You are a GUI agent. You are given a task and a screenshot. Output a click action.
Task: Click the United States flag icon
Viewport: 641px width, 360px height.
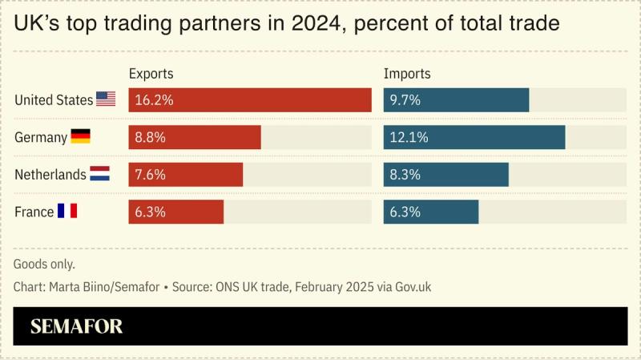pyautogui.click(x=106, y=99)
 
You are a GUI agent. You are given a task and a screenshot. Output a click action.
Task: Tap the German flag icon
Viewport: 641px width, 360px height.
pyautogui.click(x=80, y=137)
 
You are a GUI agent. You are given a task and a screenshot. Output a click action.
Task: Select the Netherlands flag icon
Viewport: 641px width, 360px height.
pyautogui.click(x=99, y=174)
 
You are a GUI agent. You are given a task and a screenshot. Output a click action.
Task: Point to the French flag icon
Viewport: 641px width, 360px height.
pyautogui.click(x=67, y=212)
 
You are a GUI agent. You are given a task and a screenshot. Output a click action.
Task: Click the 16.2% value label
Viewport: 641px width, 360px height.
pyautogui.click(x=155, y=100)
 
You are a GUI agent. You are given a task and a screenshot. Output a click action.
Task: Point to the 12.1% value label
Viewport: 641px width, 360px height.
pyautogui.click(x=409, y=137)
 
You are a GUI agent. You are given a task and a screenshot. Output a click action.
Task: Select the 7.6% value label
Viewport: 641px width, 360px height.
pyautogui.click(x=151, y=174)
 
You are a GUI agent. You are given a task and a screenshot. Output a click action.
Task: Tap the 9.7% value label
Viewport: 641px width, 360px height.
pyautogui.click(x=405, y=100)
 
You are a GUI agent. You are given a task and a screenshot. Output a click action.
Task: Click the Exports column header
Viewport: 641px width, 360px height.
pyautogui.click(x=151, y=74)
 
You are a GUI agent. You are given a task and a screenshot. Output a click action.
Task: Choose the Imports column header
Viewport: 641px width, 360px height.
pyautogui.click(x=407, y=74)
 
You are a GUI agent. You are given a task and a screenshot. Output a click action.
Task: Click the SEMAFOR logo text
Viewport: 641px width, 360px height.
pyautogui.click(x=77, y=326)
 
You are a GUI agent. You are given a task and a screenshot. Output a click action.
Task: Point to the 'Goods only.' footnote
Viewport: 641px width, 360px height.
pyautogui.click(x=44, y=263)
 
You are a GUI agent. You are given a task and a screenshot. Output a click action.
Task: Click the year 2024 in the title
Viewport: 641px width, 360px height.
pyautogui.click(x=313, y=24)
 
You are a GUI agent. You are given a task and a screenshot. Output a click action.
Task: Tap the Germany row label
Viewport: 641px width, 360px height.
pyautogui.click(x=41, y=137)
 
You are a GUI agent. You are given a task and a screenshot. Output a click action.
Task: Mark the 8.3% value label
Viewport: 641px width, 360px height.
pyautogui.click(x=405, y=174)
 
